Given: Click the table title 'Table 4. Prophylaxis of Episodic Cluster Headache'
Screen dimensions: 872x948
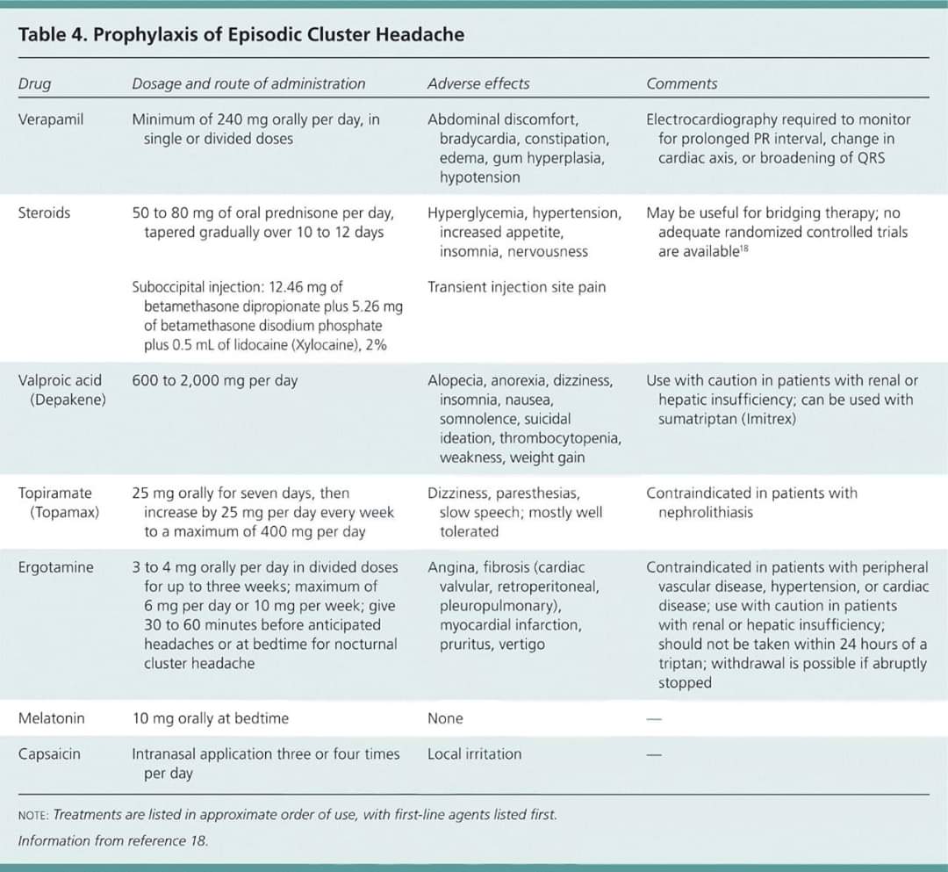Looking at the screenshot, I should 241,35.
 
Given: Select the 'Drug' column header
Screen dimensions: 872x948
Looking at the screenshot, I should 34,84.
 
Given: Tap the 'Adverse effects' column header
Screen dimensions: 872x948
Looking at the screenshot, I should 478,84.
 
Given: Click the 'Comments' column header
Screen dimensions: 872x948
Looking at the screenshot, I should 681,84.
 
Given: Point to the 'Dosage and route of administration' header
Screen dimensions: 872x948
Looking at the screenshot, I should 248,84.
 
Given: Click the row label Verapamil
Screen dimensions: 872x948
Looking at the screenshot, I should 51,119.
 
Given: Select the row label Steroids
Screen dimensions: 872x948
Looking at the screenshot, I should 44,213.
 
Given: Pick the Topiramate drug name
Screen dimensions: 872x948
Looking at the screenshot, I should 54,494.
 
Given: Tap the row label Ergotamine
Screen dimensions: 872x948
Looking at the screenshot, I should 55,568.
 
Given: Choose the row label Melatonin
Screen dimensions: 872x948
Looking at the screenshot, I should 52,718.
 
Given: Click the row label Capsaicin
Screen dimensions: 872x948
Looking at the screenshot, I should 49,754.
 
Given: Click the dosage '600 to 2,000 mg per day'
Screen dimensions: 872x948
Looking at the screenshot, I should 214,381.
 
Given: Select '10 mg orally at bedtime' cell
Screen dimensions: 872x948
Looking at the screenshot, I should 210,718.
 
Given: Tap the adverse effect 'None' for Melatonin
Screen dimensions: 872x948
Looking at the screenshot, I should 445,718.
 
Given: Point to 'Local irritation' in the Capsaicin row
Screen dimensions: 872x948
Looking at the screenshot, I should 474,754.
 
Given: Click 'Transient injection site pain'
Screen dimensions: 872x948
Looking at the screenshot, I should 516,287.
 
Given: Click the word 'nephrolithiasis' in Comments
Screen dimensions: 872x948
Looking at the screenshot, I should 705,513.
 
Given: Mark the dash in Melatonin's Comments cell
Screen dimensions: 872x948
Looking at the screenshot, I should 652,719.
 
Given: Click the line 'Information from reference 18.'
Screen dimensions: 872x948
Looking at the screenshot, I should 113,840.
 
